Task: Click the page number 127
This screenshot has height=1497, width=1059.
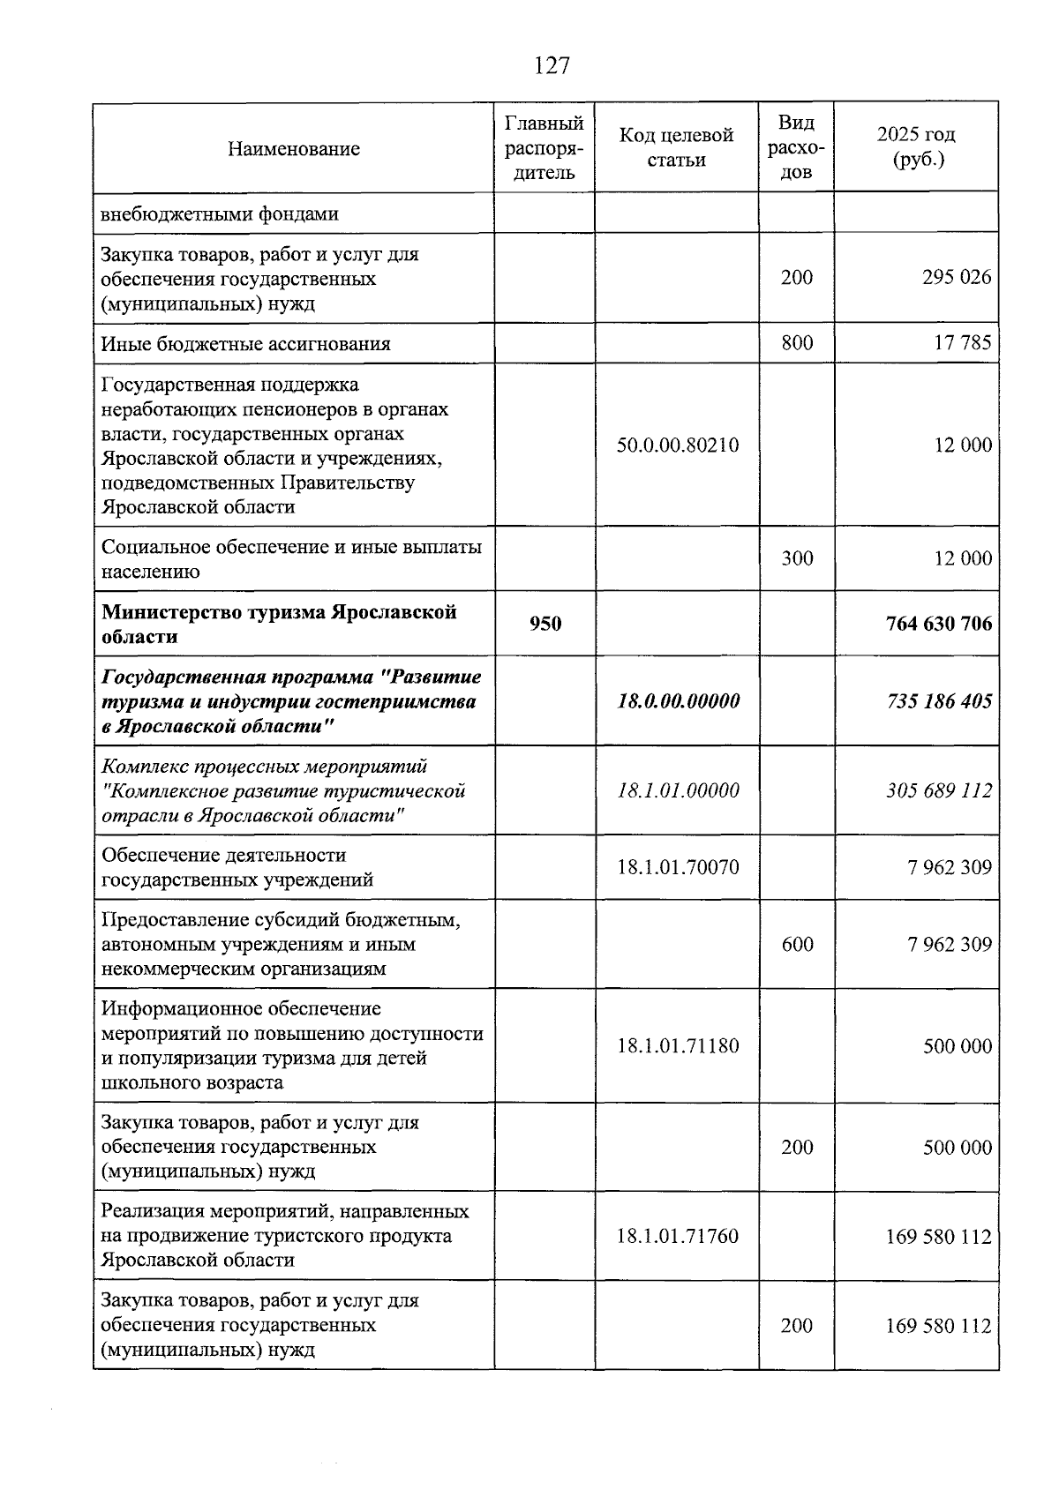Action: (x=552, y=65)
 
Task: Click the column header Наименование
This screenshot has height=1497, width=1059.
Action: (x=293, y=148)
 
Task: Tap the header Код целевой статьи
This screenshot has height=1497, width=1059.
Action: (x=676, y=147)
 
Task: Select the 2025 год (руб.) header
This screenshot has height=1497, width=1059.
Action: (x=916, y=147)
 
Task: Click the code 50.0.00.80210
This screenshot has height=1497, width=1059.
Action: (x=677, y=445)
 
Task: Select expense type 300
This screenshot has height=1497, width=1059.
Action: (x=796, y=558)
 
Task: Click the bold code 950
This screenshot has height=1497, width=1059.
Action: (x=545, y=624)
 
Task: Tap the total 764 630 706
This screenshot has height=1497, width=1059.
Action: (x=938, y=624)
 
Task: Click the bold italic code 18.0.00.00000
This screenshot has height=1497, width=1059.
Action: (x=678, y=701)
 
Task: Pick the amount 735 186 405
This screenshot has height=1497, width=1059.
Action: (x=938, y=701)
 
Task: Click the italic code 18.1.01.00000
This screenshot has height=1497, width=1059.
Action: (x=678, y=790)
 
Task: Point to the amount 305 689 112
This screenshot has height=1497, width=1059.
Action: (x=938, y=790)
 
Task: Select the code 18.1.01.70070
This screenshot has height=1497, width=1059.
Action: (x=677, y=867)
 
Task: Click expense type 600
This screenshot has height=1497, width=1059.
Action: (x=796, y=945)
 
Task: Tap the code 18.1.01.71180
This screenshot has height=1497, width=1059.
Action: (x=677, y=1046)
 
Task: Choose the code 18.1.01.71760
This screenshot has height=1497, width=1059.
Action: (x=677, y=1237)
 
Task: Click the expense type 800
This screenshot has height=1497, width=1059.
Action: (x=796, y=343)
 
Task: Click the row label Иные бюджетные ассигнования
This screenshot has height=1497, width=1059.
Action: (x=245, y=344)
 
